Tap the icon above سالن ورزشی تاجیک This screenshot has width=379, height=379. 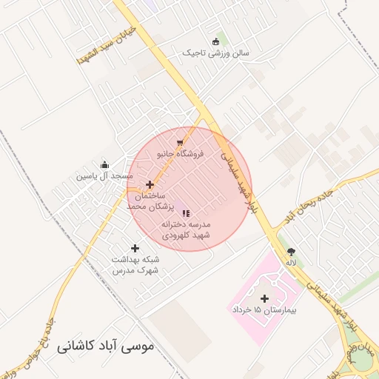[x=215, y=41]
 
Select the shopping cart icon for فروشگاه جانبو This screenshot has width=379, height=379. [x=179, y=143]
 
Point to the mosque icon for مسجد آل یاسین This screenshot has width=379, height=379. [x=104, y=165]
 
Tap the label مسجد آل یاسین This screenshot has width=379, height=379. [x=104, y=177]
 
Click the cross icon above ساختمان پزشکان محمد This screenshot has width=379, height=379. [x=150, y=184]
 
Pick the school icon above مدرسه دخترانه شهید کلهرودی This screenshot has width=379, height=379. [x=185, y=213]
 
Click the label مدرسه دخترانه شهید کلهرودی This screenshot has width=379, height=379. [x=187, y=229]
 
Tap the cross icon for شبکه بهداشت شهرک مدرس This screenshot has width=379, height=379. [x=135, y=249]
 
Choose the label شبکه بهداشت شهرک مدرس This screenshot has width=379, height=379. [x=135, y=265]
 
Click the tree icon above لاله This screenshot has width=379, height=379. [x=291, y=252]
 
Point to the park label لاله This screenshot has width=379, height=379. [x=292, y=263]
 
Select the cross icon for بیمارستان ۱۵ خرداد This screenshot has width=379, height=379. [x=264, y=298]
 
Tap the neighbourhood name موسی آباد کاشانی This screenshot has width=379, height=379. [x=107, y=346]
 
